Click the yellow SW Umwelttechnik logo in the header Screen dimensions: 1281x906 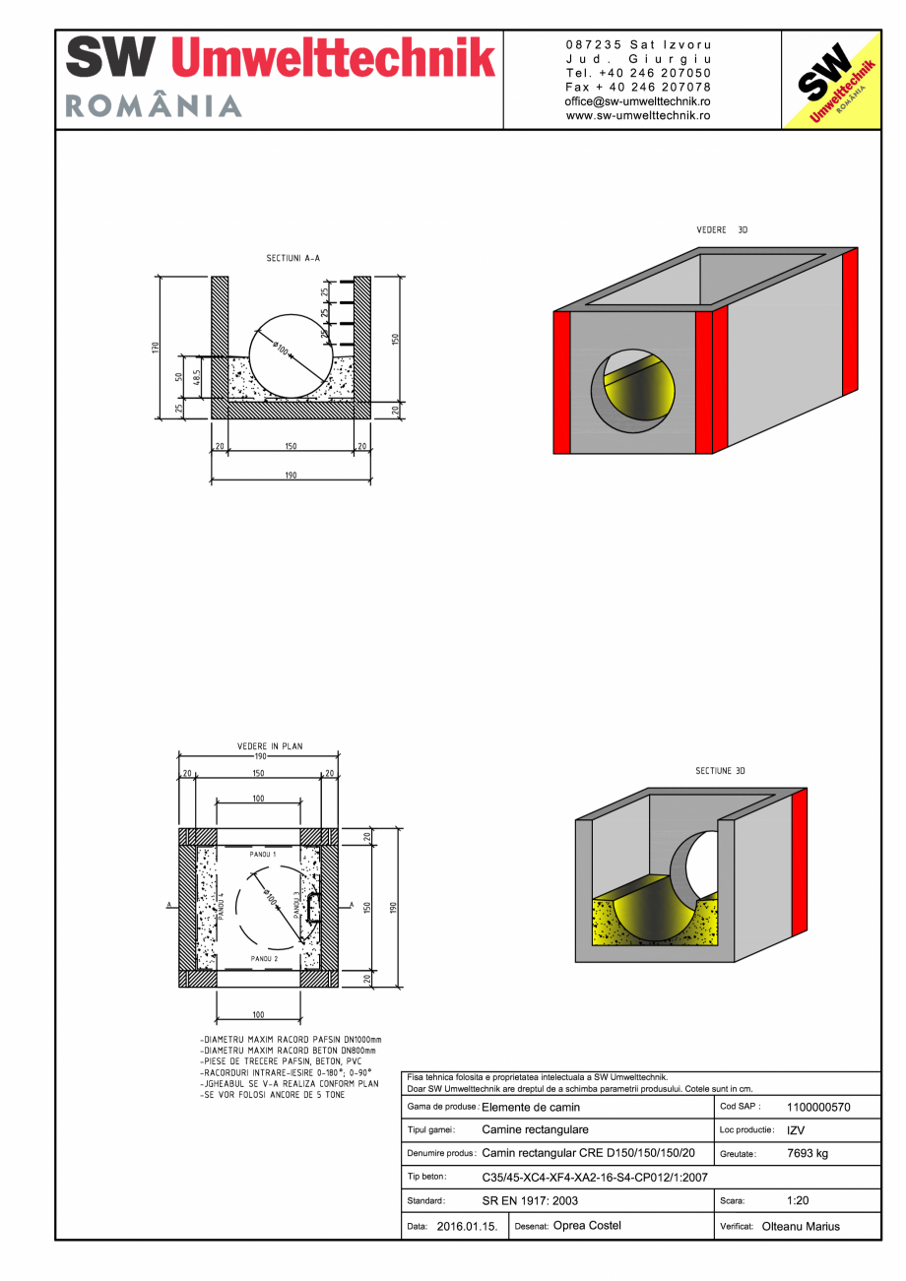[830, 80]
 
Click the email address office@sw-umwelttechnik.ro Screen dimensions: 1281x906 [638, 101]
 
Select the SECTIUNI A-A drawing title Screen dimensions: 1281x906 [292, 258]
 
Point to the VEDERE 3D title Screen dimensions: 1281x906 [722, 229]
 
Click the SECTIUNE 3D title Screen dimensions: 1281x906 [720, 771]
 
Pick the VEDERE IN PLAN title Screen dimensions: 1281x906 [270, 746]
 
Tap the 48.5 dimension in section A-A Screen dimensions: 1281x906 [197, 377]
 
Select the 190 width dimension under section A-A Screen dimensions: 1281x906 [291, 476]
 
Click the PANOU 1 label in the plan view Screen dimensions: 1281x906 [263, 854]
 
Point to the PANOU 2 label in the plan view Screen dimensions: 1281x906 [263, 958]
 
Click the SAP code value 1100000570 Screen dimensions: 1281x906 [818, 1107]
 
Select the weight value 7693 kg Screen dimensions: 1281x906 [808, 1153]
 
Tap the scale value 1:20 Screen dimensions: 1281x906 [799, 1201]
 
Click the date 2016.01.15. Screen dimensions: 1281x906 [467, 1227]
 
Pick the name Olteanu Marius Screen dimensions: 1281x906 [801, 1227]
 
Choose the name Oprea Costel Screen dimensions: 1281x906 [587, 1226]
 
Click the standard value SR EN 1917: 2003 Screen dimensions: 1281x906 [530, 1201]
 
